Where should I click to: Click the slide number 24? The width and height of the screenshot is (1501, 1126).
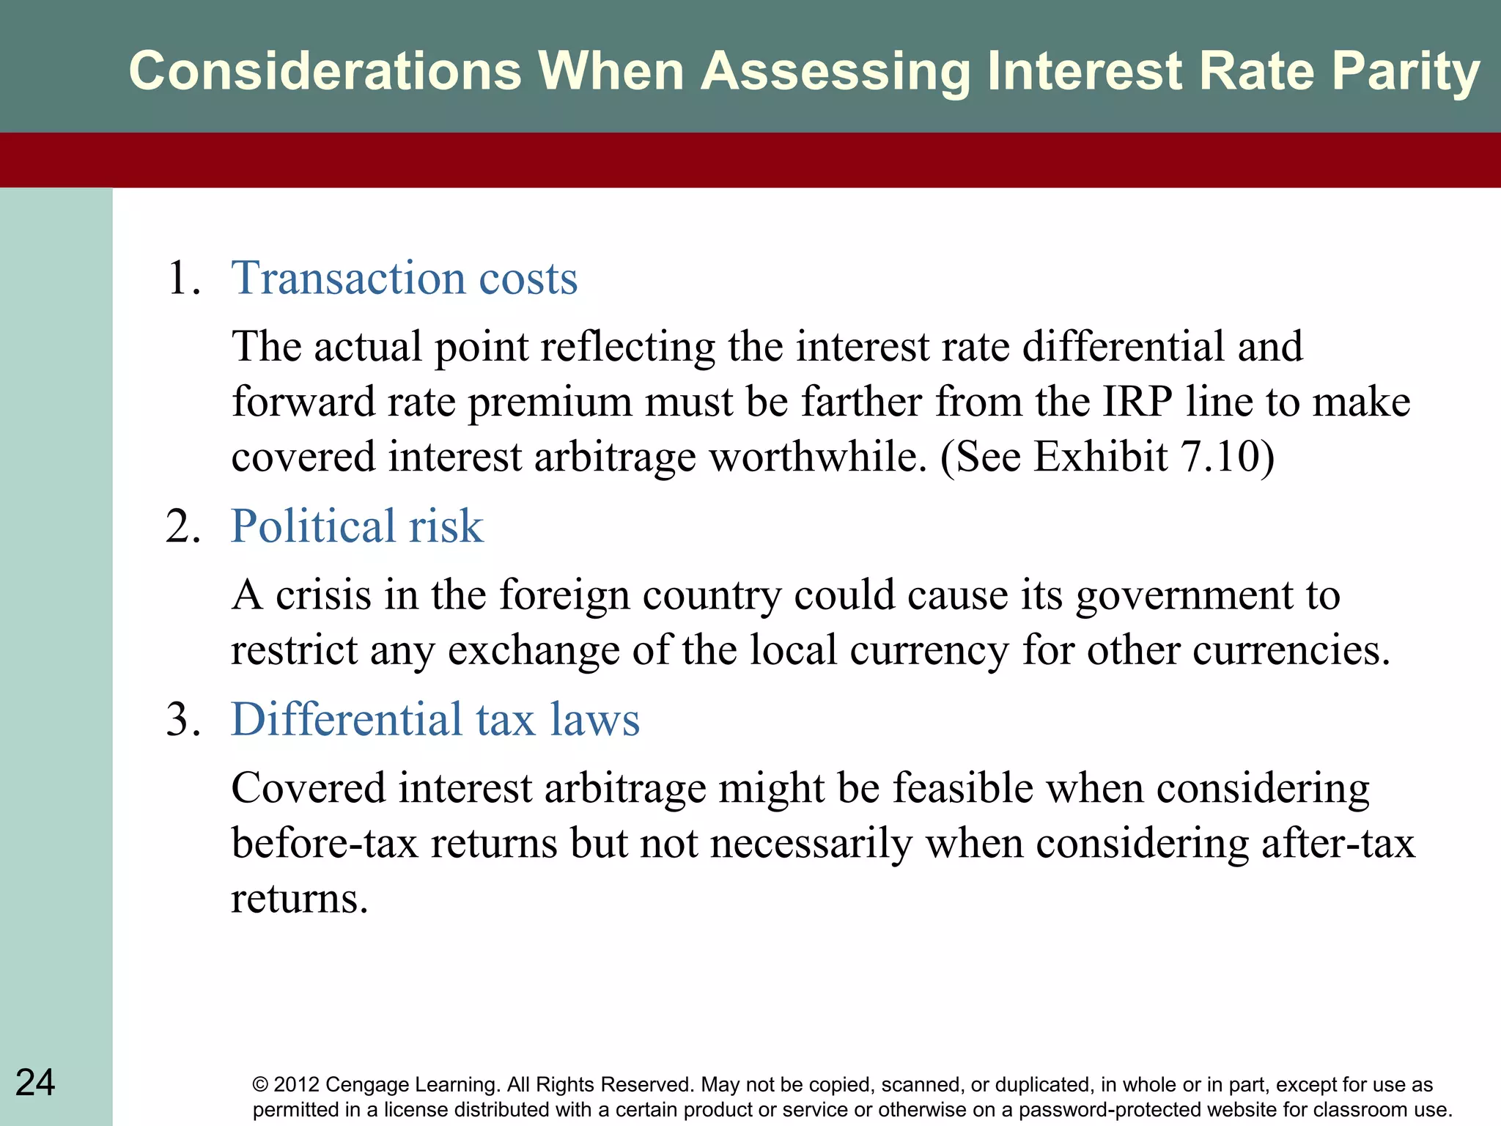pyautogui.click(x=35, y=1083)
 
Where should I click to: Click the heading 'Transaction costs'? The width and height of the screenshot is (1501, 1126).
pyautogui.click(x=405, y=279)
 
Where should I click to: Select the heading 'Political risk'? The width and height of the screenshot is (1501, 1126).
pyautogui.click(x=357, y=526)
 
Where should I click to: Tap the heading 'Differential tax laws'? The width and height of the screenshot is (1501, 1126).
pyautogui.click(x=435, y=719)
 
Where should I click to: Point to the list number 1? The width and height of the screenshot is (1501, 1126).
pyautogui.click(x=182, y=279)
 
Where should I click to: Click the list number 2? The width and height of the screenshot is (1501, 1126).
pyautogui.click(x=182, y=526)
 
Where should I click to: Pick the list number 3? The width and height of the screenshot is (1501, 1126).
pyautogui.click(x=182, y=719)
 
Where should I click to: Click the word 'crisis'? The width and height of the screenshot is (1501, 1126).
pyautogui.click(x=323, y=595)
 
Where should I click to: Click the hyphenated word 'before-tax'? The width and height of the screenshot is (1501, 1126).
pyautogui.click(x=325, y=843)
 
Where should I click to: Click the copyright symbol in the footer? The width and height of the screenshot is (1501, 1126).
pyautogui.click(x=260, y=1085)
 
